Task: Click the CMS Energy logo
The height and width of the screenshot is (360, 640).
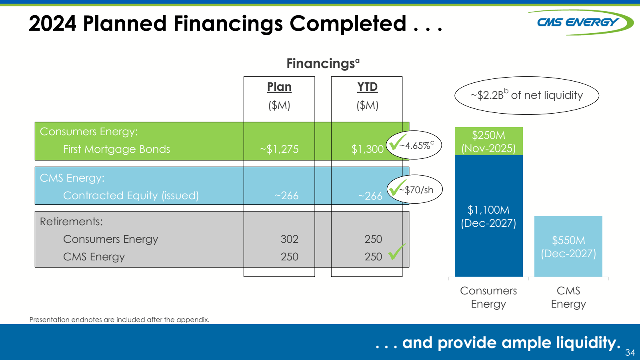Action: click(580, 22)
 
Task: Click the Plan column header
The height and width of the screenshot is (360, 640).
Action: click(279, 87)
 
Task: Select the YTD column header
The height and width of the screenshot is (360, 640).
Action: click(367, 87)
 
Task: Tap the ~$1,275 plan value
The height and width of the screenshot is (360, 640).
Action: click(279, 149)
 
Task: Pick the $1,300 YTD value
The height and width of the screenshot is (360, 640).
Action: click(367, 149)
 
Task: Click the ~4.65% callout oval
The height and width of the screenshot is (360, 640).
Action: click(414, 145)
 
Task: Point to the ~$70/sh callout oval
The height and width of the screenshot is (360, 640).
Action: click(415, 190)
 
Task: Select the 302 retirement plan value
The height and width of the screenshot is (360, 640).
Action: click(289, 239)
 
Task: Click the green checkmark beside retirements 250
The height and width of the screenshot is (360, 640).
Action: click(396, 252)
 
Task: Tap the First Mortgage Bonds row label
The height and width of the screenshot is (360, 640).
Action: click(116, 149)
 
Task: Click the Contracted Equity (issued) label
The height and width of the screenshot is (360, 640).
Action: click(131, 196)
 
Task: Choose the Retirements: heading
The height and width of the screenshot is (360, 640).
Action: click(71, 222)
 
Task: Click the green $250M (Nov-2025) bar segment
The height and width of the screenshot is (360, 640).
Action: click(488, 142)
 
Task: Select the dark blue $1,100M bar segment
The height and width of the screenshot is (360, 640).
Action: click(488, 216)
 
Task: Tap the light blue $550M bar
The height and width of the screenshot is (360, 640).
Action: click(568, 246)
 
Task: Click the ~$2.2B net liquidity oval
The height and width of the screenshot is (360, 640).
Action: click(526, 95)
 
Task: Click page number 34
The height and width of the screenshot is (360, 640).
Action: click(630, 352)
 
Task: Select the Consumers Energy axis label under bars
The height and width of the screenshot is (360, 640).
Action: click(488, 297)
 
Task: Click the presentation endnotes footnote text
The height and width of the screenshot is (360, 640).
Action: click(119, 320)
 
